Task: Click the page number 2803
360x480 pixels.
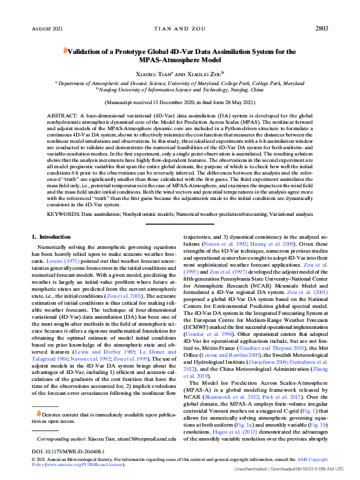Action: point(321,29)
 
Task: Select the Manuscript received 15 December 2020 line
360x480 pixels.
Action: point(180,102)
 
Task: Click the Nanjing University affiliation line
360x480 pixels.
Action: point(180,90)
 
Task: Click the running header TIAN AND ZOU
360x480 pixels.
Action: point(180,29)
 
